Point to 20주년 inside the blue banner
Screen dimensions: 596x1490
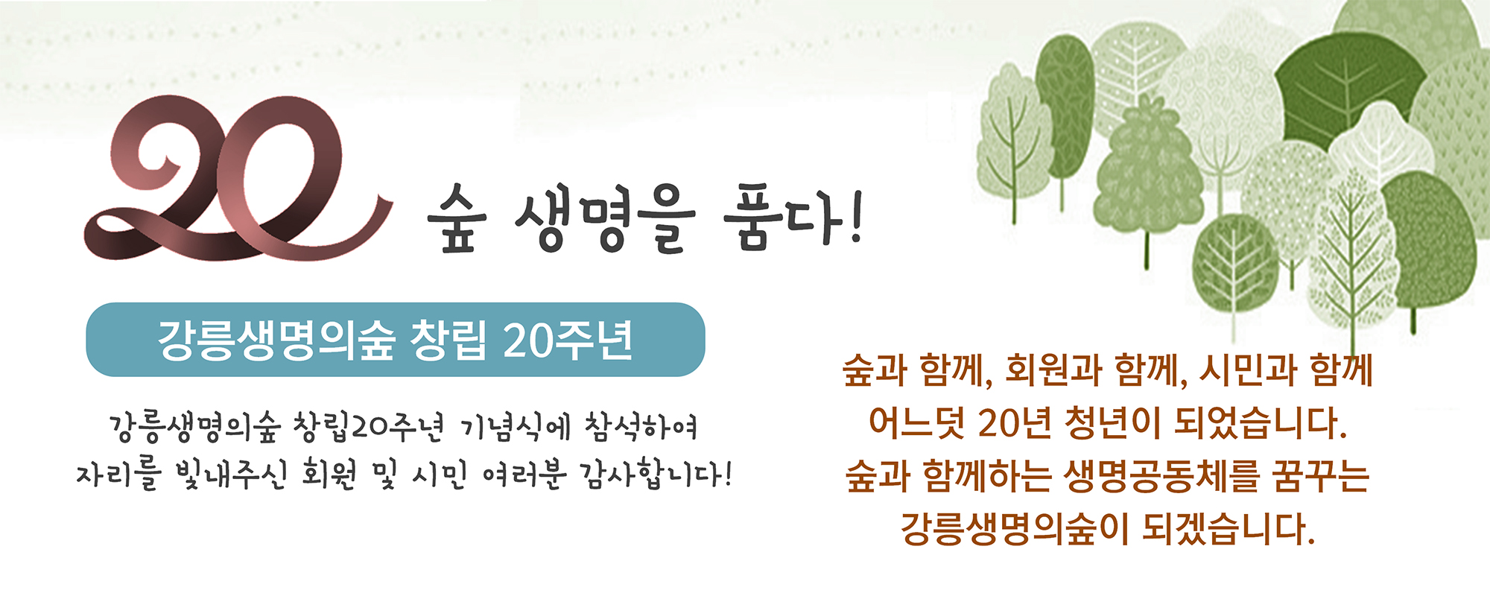pos(568,340)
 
